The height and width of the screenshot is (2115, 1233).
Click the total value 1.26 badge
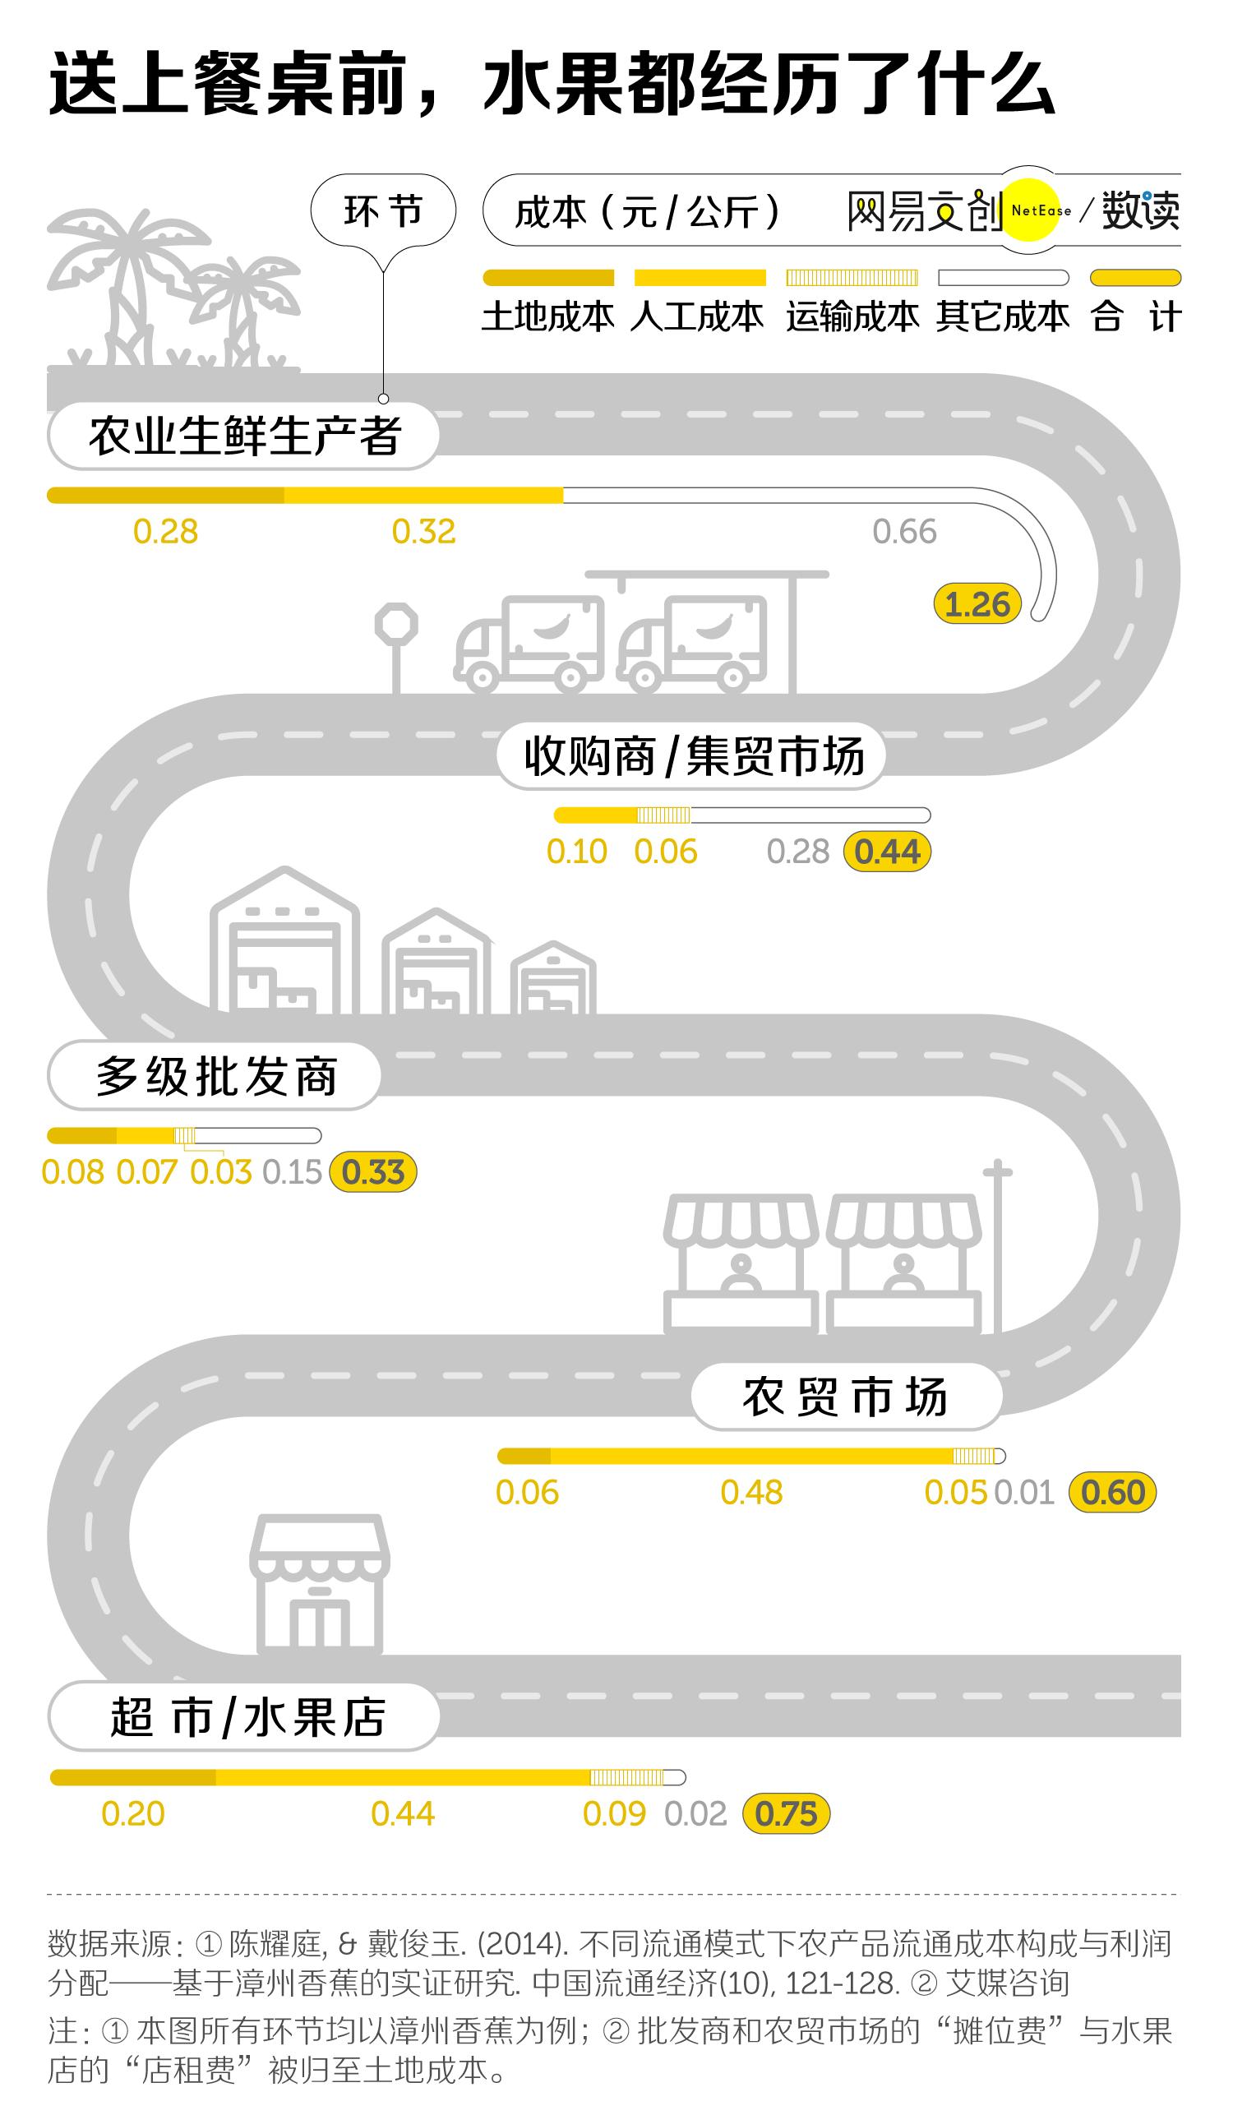tap(977, 604)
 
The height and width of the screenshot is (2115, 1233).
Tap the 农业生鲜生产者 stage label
tap(243, 436)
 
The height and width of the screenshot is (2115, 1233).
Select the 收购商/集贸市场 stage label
tap(692, 756)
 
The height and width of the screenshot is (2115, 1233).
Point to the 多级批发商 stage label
tap(215, 1076)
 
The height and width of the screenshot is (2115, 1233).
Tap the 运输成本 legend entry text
tap(852, 317)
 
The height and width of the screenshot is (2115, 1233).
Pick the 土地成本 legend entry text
tap(548, 317)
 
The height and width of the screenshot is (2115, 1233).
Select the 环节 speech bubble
tap(384, 210)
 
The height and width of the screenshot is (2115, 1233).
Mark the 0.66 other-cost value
tap(904, 531)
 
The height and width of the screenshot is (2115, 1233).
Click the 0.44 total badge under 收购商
tap(887, 852)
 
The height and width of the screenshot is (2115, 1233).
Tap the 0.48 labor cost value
tap(751, 1492)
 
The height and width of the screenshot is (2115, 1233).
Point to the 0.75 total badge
tap(786, 1813)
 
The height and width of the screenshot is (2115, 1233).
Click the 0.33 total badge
tap(373, 1171)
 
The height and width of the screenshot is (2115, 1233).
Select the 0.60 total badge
tap(1112, 1492)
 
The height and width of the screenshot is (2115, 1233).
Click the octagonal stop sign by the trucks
tap(396, 626)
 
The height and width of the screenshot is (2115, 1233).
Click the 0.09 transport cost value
tap(613, 1813)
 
